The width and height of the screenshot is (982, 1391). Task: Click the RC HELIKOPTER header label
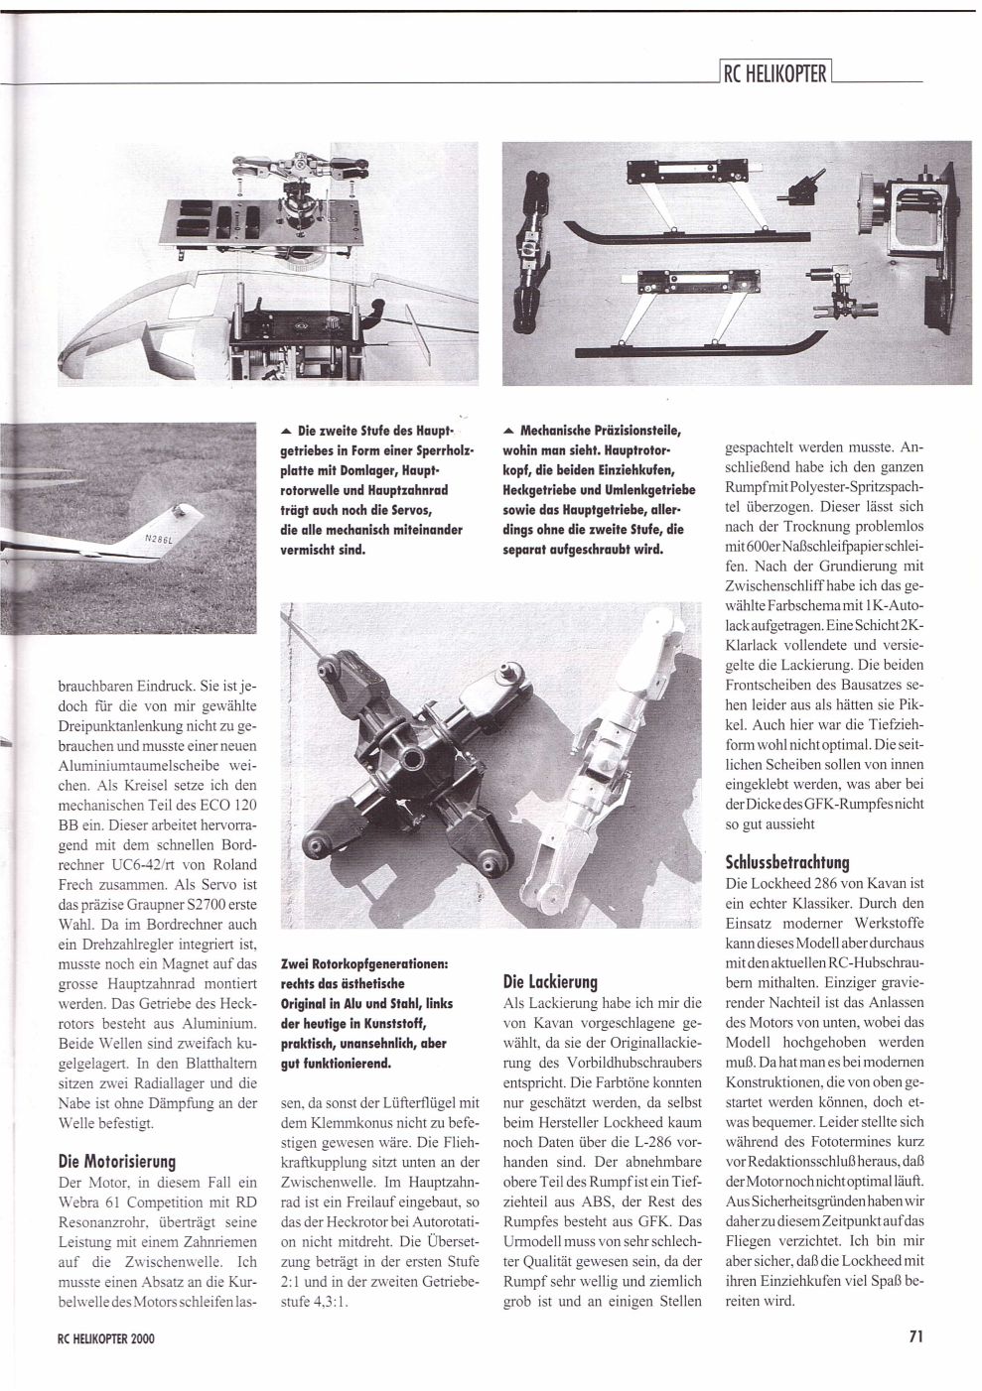coord(773,72)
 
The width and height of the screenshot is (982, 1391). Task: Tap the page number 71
coord(915,1335)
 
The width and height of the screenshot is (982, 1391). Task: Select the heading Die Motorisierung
coord(116,1160)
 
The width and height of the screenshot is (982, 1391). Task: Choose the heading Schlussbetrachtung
coord(789,861)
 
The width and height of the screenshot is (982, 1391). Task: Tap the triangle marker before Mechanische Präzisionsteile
coord(509,432)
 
